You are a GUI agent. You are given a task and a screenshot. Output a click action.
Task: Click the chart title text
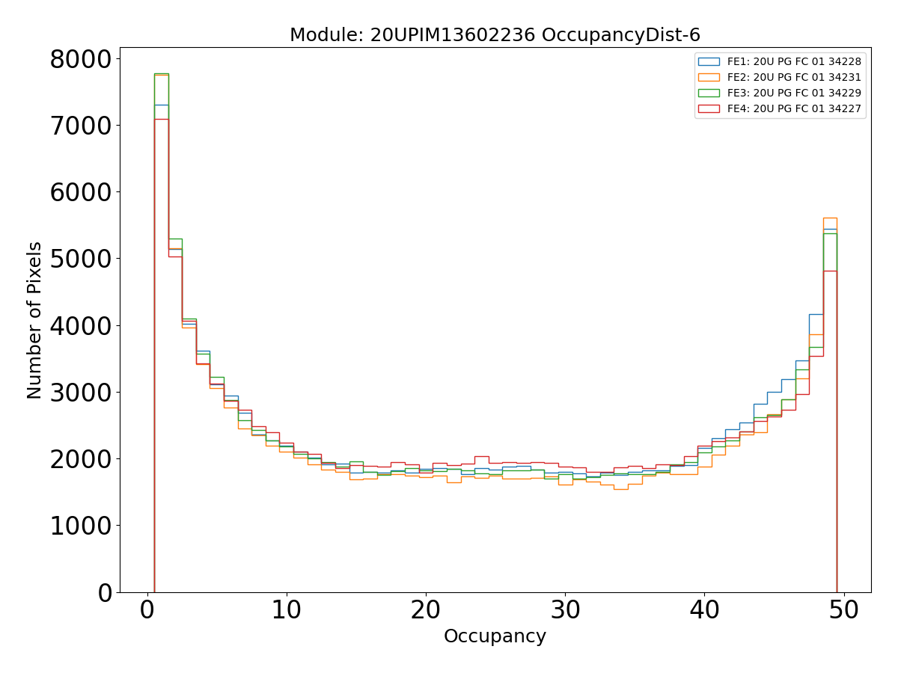point(495,35)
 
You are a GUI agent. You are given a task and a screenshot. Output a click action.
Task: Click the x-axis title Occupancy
point(495,636)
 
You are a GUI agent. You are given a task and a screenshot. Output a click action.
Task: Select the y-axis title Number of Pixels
point(34,320)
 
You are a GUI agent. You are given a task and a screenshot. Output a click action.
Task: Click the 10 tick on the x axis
point(286,610)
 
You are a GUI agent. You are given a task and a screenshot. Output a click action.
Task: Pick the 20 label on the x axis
point(425,610)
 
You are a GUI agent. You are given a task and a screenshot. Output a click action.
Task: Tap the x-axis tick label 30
point(565,610)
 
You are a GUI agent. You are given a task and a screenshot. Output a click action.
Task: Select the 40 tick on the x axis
point(704,610)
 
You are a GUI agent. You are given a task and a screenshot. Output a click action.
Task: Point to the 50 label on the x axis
point(844,610)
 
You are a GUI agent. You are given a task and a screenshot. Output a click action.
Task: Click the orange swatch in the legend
point(709,77)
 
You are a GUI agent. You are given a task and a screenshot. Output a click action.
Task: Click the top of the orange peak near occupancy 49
point(830,218)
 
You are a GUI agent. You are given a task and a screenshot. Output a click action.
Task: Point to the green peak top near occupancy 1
point(162,74)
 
